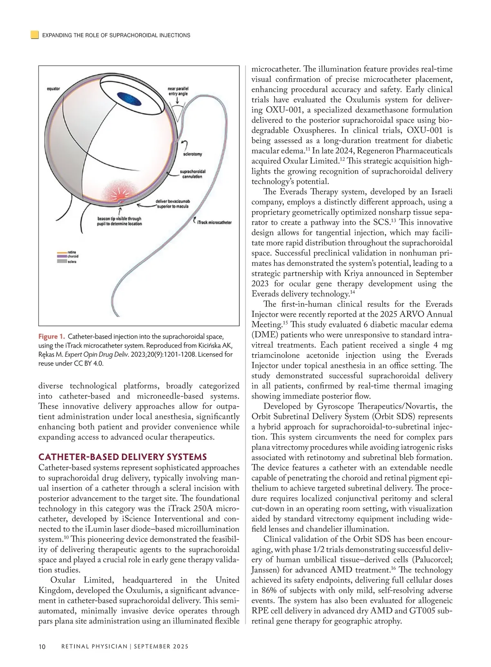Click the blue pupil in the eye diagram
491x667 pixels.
coord(129,99)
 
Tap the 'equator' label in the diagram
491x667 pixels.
coord(53,89)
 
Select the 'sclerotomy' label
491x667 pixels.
coord(192,154)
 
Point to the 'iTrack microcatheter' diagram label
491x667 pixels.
coord(214,222)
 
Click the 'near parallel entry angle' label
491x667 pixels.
coord(178,91)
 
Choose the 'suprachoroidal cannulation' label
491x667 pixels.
coord(192,174)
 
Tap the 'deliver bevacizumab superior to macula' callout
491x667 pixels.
coord(172,204)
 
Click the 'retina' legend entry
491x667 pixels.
coord(72,252)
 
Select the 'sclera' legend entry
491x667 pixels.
coord(72,261)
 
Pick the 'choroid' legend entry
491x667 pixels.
coord(72,257)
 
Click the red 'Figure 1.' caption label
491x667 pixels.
coord(52,337)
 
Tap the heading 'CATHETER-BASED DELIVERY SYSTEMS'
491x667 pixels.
coord(122,457)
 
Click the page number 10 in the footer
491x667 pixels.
coord(42,647)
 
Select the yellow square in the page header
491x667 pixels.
coord(35,35)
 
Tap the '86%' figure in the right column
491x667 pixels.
coord(270,591)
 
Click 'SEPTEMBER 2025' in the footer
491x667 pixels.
coord(161,647)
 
